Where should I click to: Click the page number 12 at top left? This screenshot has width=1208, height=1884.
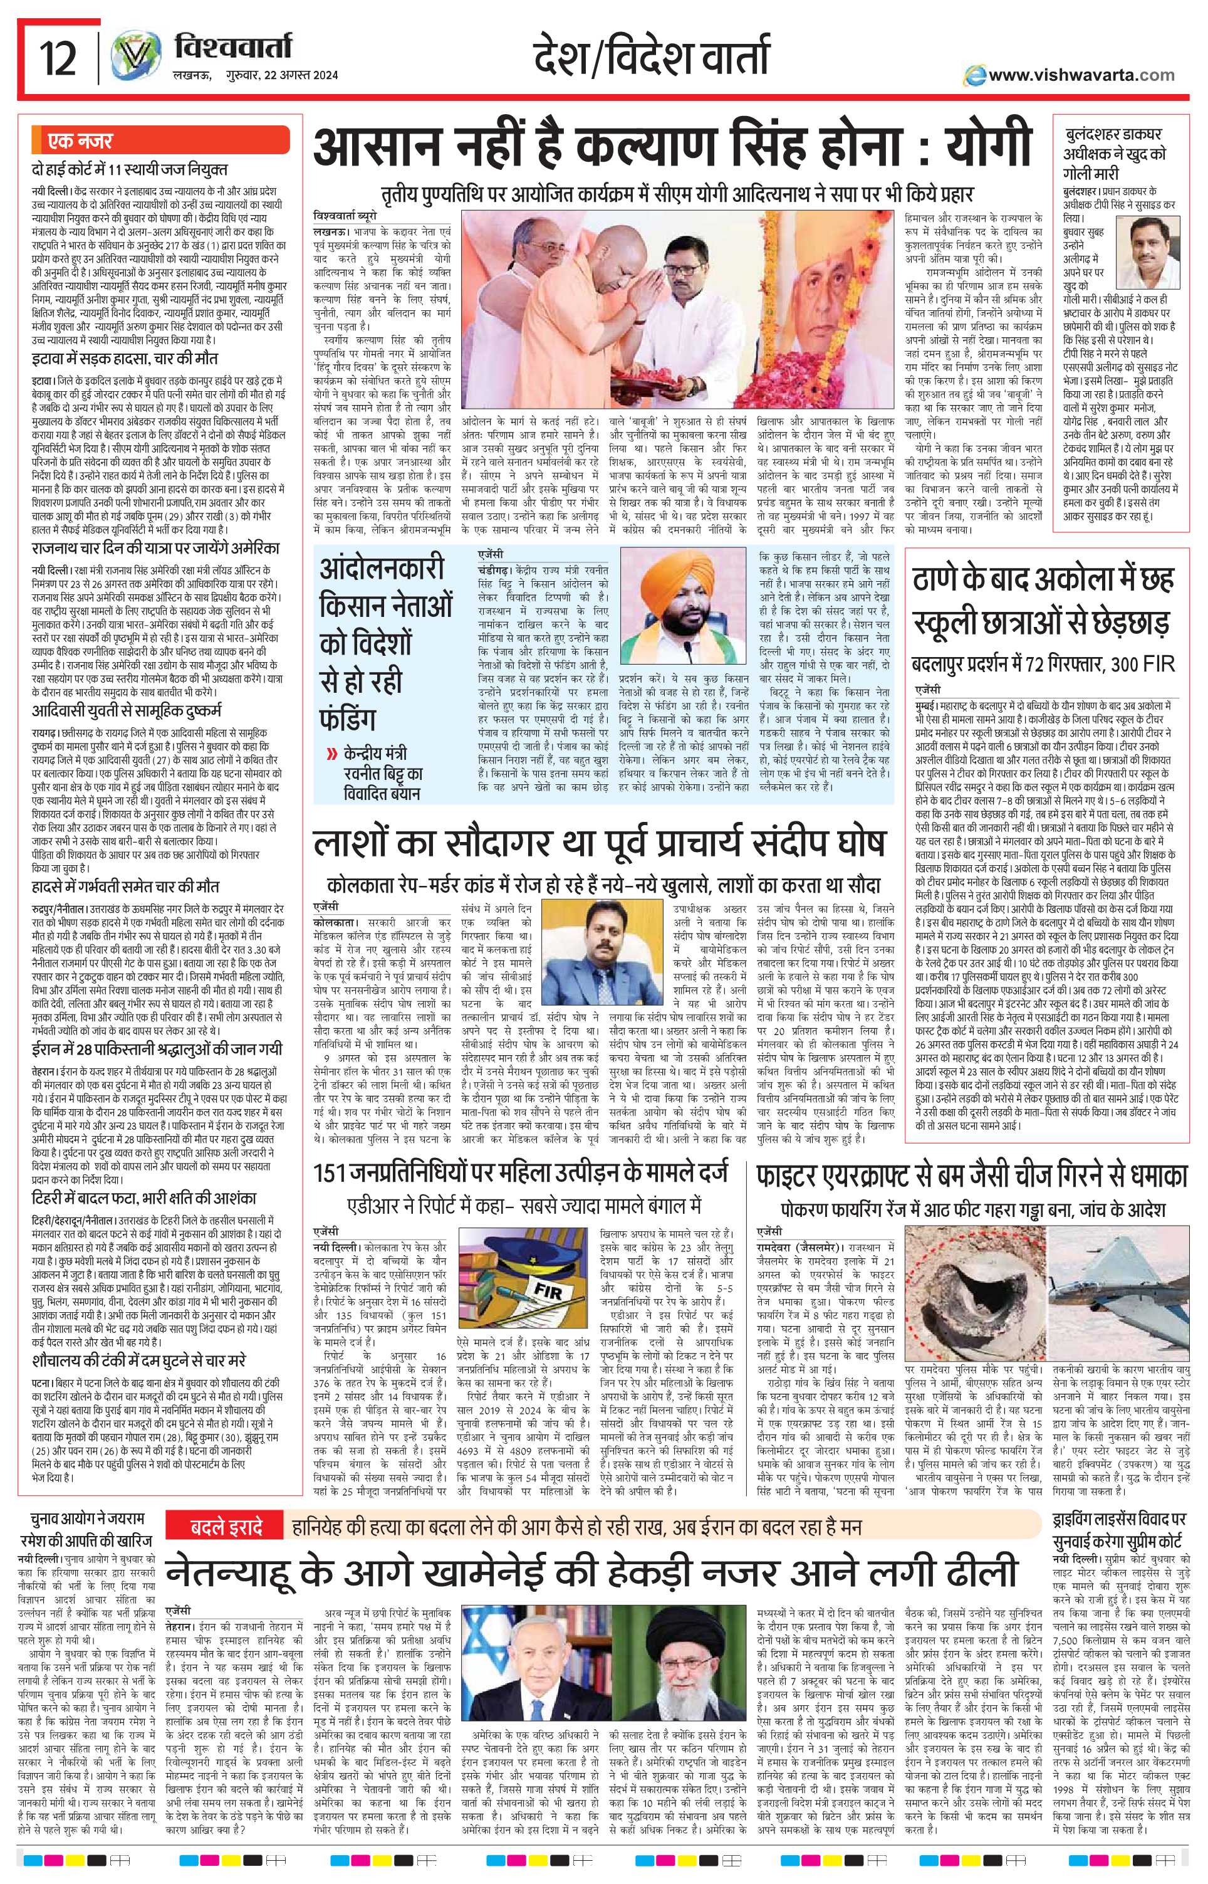point(58,60)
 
